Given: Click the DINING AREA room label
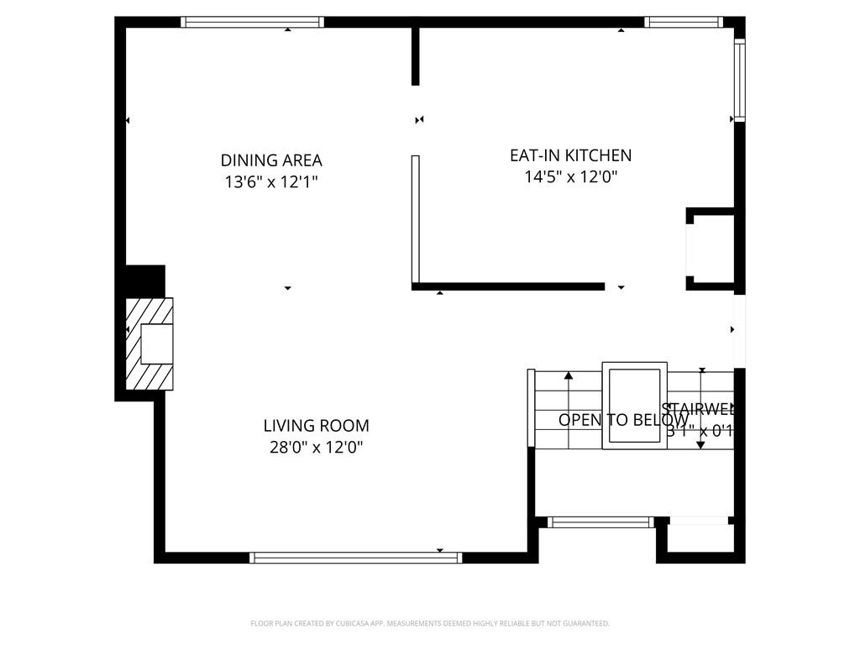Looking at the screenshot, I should point(271,160).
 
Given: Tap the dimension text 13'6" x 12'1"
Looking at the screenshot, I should point(271,181).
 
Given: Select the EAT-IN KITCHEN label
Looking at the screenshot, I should point(570,155).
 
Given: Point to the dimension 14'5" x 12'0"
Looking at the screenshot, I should point(570,177).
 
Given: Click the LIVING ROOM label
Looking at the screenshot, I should point(316,426).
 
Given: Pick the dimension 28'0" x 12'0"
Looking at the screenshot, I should point(316,448).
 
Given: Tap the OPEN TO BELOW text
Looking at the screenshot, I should point(623,420).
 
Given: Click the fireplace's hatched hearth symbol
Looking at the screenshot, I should point(149,343).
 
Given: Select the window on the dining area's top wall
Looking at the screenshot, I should point(253,23).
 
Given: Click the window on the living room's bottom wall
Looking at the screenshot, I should point(356,557).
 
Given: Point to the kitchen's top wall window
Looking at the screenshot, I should point(683,23).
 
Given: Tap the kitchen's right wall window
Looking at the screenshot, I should point(739,80).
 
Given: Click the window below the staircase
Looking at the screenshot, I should point(600,522).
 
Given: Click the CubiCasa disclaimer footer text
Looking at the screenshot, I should point(430,623).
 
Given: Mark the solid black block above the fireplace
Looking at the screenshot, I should point(144,281).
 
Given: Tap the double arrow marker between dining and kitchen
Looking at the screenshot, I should point(419,120).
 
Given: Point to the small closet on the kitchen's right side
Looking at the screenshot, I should point(712,248).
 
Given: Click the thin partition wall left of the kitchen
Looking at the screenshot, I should point(415,220).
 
